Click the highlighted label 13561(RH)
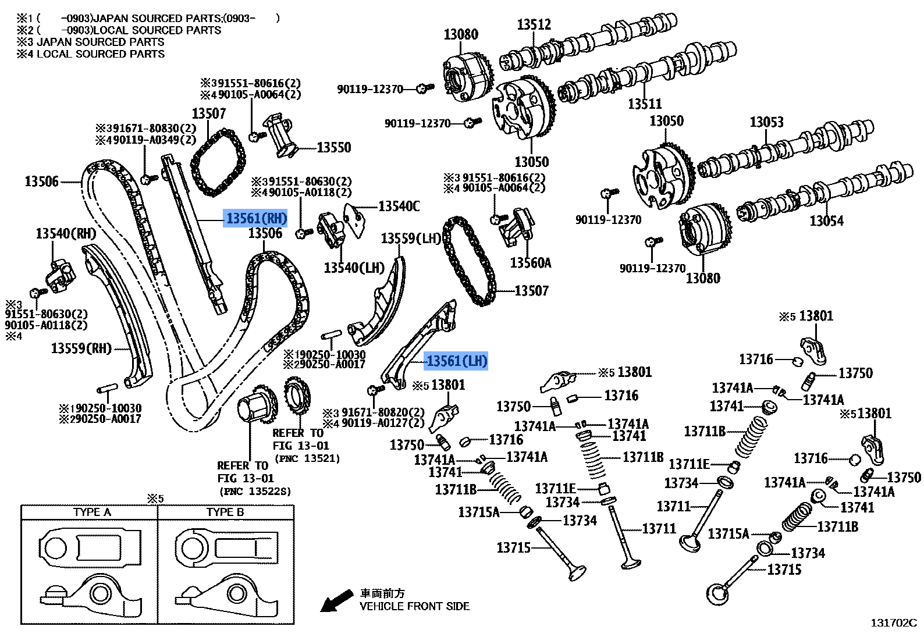(256, 218)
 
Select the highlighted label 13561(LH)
(456, 361)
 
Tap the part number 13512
(534, 24)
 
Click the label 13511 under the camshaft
(645, 104)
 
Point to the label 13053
(766, 122)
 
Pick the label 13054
(826, 221)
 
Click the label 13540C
(399, 207)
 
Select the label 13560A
(530, 263)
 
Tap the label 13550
(333, 148)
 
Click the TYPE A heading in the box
(92, 512)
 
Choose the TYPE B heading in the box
(225, 512)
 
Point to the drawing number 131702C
(893, 623)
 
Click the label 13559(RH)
(81, 348)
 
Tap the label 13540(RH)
(66, 234)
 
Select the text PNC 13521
(308, 458)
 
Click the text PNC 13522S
(255, 492)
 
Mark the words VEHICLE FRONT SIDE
(414, 606)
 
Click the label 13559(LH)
(411, 239)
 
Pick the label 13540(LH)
(354, 268)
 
